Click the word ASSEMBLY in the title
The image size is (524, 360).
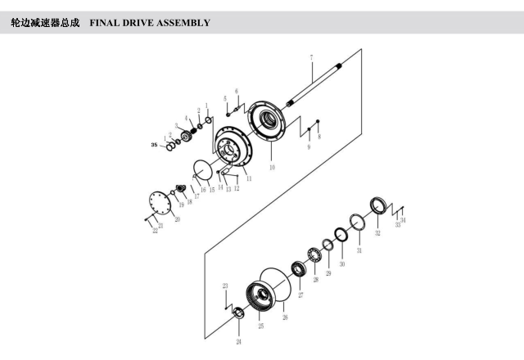[x=183, y=22]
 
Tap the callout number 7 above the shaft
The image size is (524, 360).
[x=311, y=56]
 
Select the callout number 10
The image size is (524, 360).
[x=272, y=167]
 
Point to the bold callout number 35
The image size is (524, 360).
[x=153, y=145]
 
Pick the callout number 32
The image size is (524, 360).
[x=377, y=234]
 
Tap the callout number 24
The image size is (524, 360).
[x=239, y=340]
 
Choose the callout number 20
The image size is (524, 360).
[x=178, y=219]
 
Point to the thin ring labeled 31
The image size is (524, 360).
[x=357, y=223]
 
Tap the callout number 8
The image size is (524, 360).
[x=318, y=137]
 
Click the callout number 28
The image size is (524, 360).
[x=315, y=281]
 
